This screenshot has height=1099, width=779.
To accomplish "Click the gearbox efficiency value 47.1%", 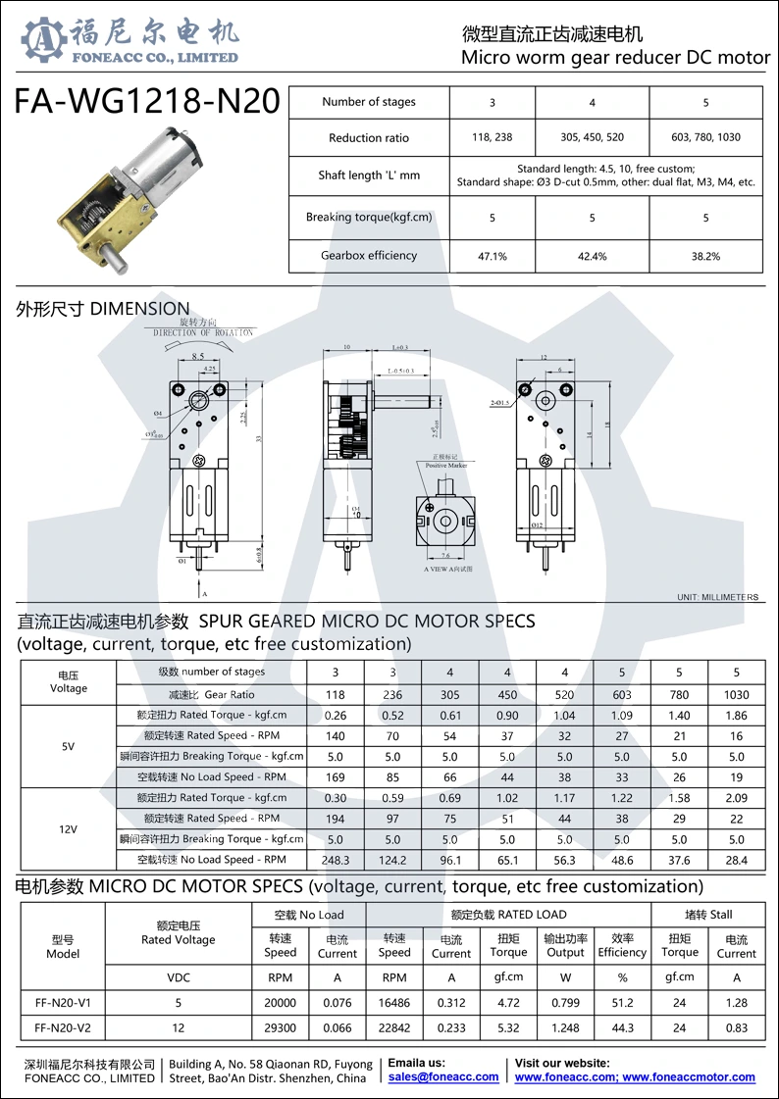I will [492, 256].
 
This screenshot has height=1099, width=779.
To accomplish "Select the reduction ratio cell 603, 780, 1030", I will [705, 138].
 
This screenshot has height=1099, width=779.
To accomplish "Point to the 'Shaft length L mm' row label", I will [369, 175].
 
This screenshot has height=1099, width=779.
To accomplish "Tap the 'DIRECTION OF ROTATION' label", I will [203, 332].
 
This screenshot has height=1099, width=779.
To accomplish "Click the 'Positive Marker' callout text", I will [445, 465].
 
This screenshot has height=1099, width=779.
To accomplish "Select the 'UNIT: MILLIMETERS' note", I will [717, 597].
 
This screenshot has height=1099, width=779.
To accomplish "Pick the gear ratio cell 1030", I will [736, 694].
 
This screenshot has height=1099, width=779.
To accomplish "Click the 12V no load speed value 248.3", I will [336, 860].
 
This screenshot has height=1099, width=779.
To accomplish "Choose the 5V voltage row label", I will [68, 746].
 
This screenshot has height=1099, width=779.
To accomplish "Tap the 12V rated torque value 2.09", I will [736, 798].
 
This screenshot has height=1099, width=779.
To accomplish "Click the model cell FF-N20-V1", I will [63, 1003].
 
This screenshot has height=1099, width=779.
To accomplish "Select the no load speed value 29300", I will [280, 1028].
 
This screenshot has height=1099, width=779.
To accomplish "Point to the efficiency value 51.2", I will [622, 1003].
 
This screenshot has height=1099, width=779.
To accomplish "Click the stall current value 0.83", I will [736, 1028].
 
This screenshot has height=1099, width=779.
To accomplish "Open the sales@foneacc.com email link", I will [443, 1076].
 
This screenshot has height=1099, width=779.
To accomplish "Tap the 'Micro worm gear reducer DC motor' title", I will [615, 57].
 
